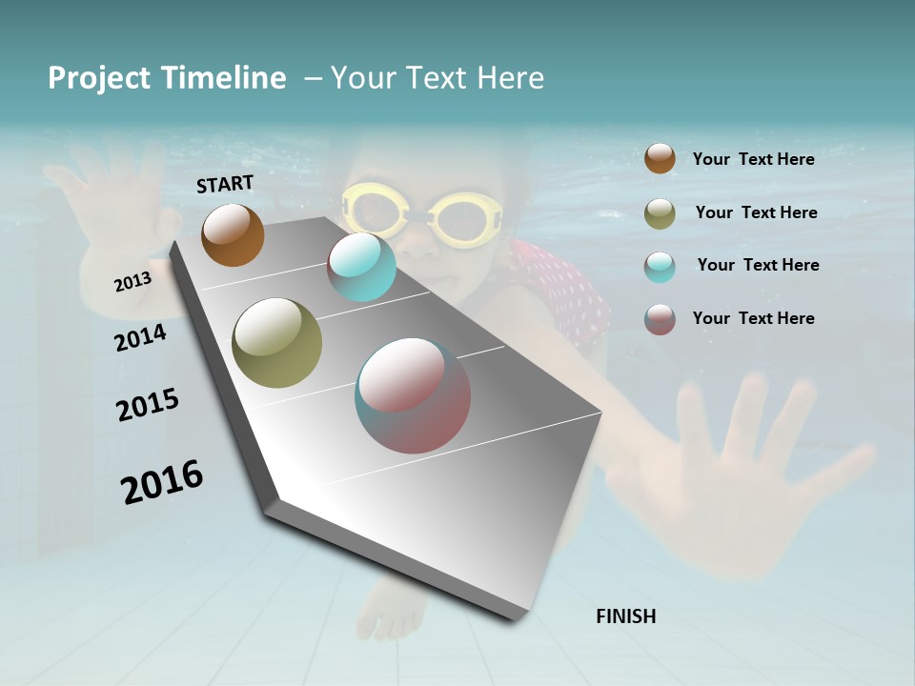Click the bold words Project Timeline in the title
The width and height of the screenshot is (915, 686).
[x=167, y=78]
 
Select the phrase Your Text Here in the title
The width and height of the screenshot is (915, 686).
[x=437, y=78]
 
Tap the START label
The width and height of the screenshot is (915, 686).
[x=225, y=184]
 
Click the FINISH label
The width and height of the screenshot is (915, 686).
[x=625, y=616]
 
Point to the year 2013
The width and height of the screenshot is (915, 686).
[x=132, y=282]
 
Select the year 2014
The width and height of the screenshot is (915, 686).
[x=140, y=338]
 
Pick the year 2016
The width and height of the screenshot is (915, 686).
[x=162, y=482]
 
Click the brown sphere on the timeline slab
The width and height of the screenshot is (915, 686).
[x=233, y=234]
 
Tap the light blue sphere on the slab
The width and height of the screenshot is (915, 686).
[x=361, y=267]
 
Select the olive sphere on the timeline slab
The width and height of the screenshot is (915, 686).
[x=277, y=343]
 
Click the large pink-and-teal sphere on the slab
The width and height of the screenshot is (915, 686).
[x=413, y=395]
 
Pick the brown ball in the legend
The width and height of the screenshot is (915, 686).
[x=660, y=158]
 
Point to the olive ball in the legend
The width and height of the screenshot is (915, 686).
[x=660, y=213]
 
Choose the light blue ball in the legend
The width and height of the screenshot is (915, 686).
[x=660, y=266]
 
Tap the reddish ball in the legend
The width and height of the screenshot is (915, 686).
[x=660, y=319]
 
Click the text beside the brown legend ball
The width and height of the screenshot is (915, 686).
[x=753, y=159]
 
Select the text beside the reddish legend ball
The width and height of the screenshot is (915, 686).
[x=753, y=318]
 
